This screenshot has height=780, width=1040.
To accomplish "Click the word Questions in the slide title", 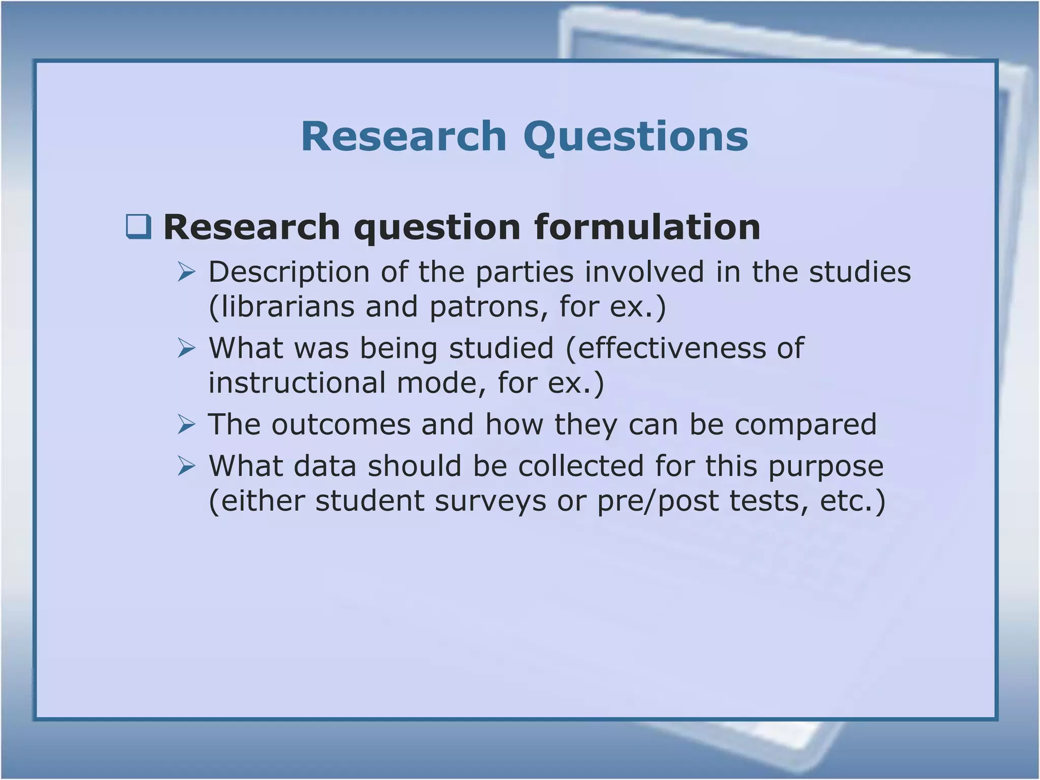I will click(x=636, y=137).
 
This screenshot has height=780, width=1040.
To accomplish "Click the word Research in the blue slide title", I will click(x=404, y=137).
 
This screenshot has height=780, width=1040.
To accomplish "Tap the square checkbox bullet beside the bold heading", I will click(x=139, y=227).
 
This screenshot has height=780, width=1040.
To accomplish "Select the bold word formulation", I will click(x=647, y=227).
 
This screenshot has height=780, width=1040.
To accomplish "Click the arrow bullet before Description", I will click(x=186, y=273).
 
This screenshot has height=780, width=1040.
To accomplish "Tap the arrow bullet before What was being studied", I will click(x=186, y=348).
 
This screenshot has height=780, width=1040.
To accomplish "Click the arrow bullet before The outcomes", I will click(x=186, y=425).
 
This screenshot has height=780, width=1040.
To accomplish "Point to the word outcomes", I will click(x=341, y=425).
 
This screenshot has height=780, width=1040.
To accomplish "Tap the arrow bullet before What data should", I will click(x=186, y=466).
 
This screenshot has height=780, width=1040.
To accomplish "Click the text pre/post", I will click(x=657, y=501).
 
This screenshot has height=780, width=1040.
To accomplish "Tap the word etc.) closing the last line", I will click(x=853, y=501).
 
